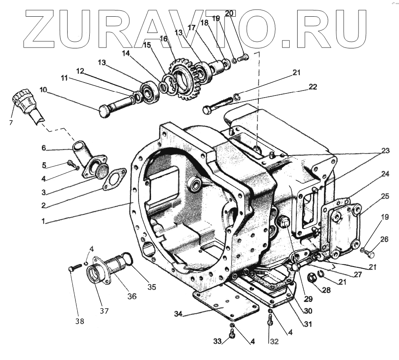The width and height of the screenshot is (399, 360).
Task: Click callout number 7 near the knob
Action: click(x=11, y=122)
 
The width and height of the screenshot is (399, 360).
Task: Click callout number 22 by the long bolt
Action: click(x=313, y=87)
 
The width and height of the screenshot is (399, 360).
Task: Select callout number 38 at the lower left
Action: click(x=79, y=321)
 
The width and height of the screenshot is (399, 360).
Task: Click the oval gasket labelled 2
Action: click(x=113, y=178)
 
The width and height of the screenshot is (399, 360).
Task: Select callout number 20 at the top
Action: click(x=229, y=13)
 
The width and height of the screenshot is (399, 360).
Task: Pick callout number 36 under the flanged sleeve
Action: click(x=132, y=297)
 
